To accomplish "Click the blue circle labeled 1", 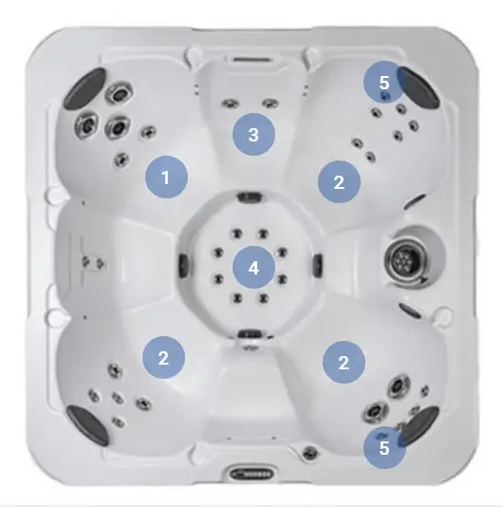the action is (166, 177).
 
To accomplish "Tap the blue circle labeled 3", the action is (253, 134).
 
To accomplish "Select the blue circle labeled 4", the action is (253, 268).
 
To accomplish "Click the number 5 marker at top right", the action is (384, 83).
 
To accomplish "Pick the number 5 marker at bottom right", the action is (384, 448).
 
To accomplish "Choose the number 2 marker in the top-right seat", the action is (339, 182).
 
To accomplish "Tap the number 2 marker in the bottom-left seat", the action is (163, 357).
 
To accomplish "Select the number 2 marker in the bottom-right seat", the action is (344, 362).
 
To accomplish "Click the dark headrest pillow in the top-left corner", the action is (85, 87).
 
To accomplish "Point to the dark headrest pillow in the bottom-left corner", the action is (87, 425).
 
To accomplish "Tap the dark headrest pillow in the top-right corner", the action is (419, 86).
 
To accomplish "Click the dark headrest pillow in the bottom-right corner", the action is (419, 426).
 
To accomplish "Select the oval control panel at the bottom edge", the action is (252, 474).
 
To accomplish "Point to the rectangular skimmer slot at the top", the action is (252, 60).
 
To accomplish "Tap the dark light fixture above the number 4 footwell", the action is (250, 197).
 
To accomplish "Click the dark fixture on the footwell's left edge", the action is (183, 265).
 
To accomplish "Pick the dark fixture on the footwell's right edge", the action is (318, 265).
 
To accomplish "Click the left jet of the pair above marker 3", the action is (231, 103).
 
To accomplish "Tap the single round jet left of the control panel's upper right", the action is (309, 453).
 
